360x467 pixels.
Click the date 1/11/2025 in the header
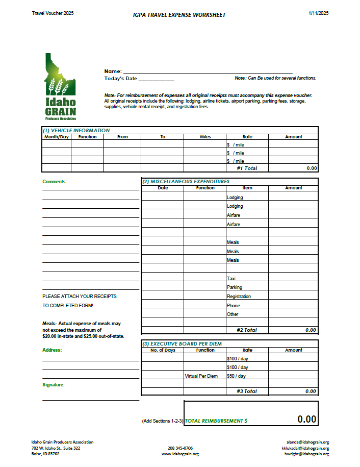pos(318,13)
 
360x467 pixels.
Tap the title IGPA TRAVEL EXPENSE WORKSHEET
pos(179,15)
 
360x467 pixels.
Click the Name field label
pos(113,71)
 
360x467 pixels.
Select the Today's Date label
pos(120,79)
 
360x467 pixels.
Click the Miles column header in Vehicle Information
pos(205,137)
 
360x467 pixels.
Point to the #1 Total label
pos(247,168)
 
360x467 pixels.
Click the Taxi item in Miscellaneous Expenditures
pos(231,278)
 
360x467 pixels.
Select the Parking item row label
pos(235,287)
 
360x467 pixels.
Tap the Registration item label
pos(239,297)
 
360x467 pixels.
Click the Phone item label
pos(233,306)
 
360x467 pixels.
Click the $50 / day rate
pos(236,376)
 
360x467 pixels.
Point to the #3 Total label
pos(247,391)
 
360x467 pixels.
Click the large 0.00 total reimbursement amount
pos(307,420)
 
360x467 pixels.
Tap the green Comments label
pos(55,182)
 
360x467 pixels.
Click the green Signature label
pos(54,385)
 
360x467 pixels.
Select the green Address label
pos(52,350)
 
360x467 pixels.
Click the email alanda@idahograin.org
pos(308,443)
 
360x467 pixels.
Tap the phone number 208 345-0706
pos(180,448)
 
